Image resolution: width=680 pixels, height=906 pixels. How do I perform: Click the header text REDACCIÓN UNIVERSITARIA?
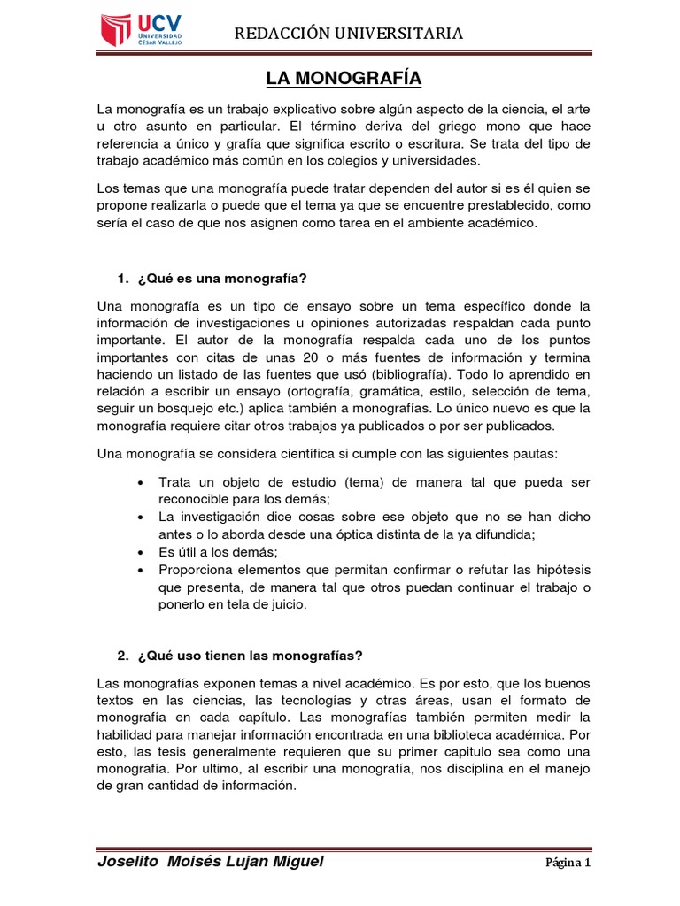[x=348, y=34]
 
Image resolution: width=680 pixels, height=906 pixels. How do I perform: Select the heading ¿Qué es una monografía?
[x=221, y=279]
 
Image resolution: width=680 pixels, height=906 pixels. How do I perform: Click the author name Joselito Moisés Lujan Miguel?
[x=209, y=862]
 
